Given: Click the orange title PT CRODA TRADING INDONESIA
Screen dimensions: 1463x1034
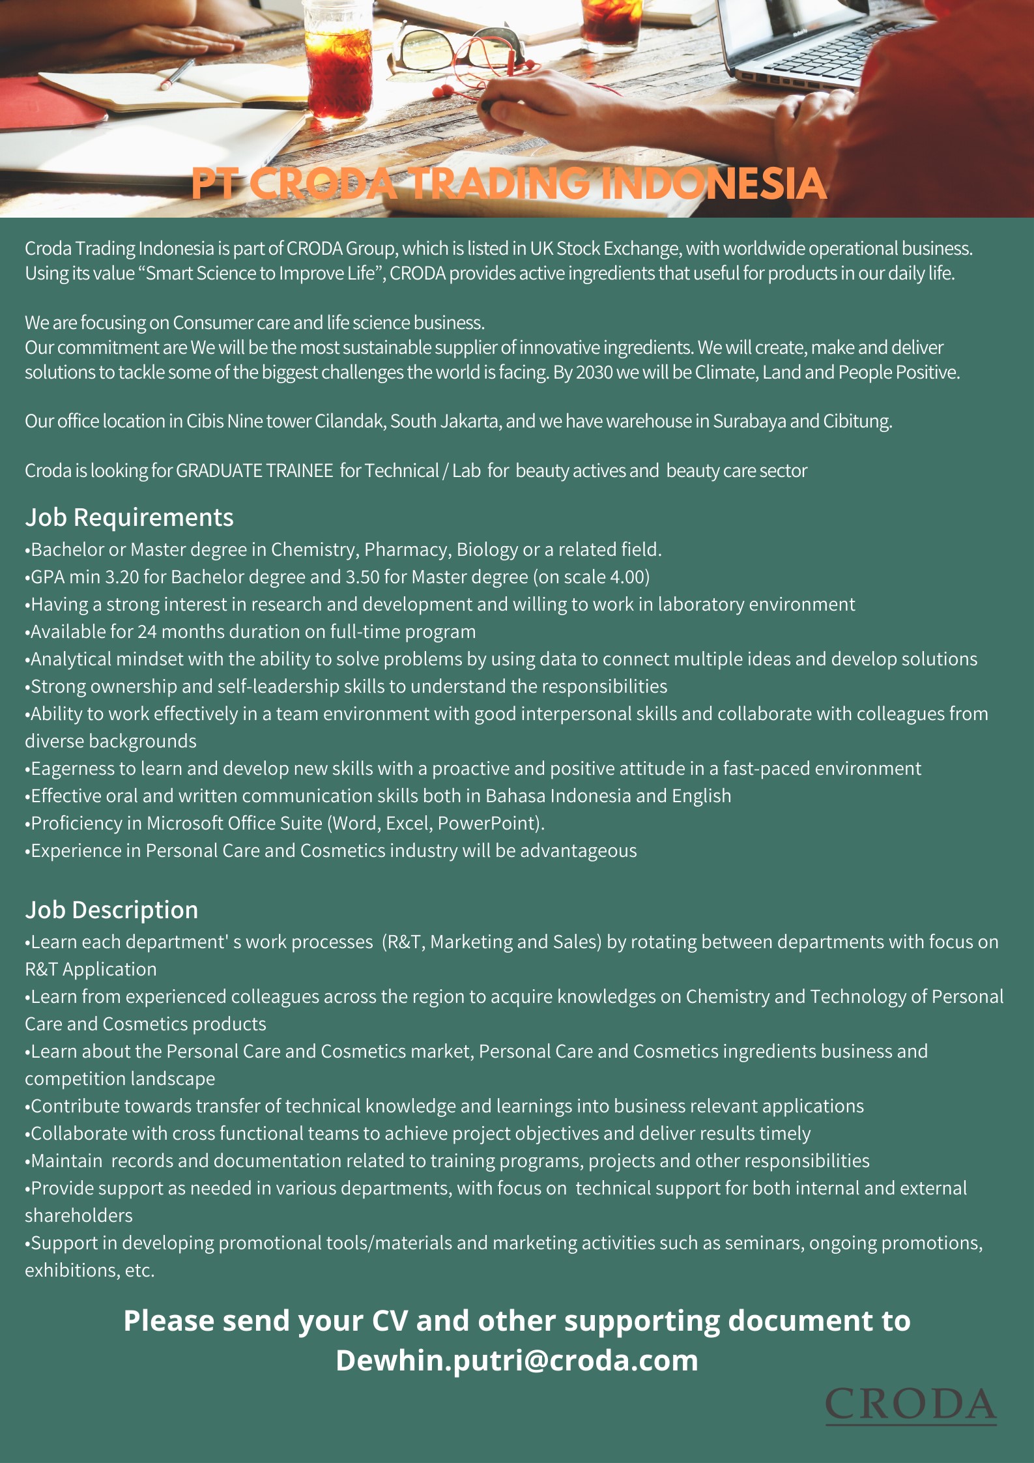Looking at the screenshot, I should (x=508, y=184).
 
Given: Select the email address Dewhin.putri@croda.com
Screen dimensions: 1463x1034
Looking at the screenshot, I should (x=517, y=1360).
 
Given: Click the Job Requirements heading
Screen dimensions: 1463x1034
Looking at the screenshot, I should (x=129, y=517).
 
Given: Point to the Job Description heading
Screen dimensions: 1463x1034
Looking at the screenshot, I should (x=111, y=910).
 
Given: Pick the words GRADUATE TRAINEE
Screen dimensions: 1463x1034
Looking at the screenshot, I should (x=255, y=471).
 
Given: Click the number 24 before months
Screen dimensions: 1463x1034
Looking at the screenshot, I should (x=147, y=632).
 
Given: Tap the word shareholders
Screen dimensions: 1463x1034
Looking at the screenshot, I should (x=79, y=1215).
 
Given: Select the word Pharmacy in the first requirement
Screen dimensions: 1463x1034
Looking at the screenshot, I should (x=401, y=550).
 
